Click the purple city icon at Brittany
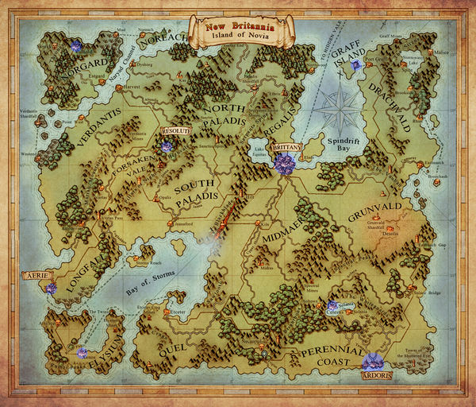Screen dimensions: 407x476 pos(285,165)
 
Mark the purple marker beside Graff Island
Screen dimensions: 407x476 pos(358,64)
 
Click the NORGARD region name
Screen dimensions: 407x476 pos(83,67)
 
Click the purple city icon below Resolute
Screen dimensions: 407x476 pos(167,146)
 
